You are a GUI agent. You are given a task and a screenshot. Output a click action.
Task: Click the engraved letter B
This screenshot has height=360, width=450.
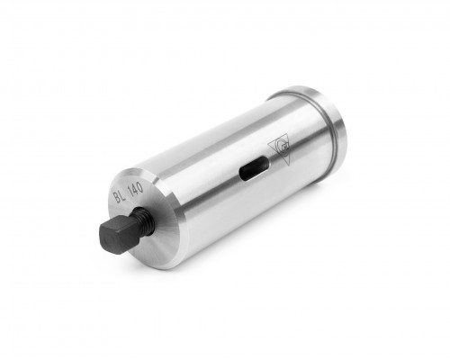coord(116,198)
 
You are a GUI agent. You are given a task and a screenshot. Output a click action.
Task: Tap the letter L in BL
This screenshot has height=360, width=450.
coord(122,194)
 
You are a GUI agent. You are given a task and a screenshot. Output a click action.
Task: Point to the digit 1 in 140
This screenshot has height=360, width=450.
coord(130,190)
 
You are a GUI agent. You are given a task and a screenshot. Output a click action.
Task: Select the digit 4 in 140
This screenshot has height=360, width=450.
coord(134,188)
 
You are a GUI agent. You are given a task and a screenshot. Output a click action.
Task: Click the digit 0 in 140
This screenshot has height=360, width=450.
coord(139,187)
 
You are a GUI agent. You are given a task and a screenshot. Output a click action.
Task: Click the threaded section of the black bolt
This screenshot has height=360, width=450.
coord(144,221)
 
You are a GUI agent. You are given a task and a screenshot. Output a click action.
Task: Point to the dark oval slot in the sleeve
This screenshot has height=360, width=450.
coord(254,169)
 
